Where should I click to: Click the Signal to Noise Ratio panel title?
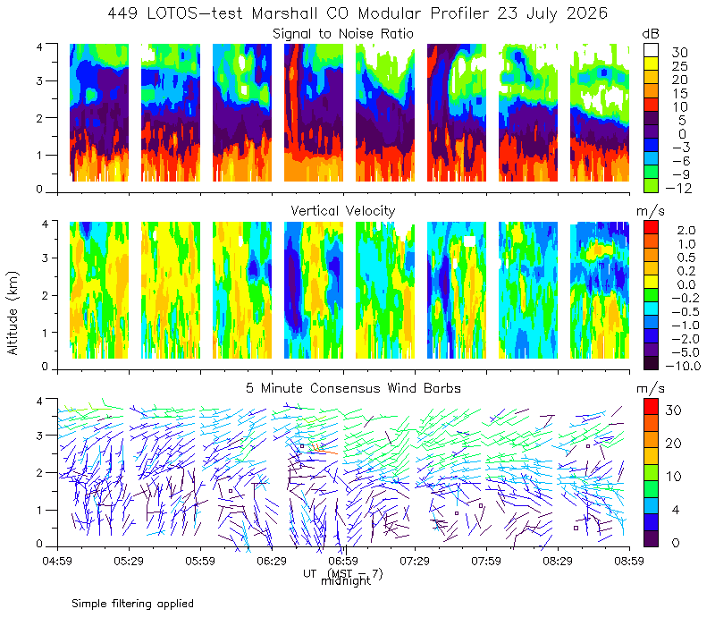pyautogui.click(x=343, y=34)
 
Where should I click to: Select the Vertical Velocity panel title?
pyautogui.click(x=343, y=211)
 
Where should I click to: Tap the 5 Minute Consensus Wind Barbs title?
pyautogui.click(x=353, y=388)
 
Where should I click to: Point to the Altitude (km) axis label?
pyautogui.click(x=13, y=313)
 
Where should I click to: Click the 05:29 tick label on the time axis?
pyautogui.click(x=129, y=561)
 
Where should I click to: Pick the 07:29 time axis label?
pyautogui.click(x=415, y=561)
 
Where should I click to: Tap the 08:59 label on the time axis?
pyautogui.click(x=629, y=561)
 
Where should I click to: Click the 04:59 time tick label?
pyautogui.click(x=57, y=561)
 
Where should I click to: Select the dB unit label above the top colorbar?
pyautogui.click(x=651, y=34)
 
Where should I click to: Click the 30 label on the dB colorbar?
pyautogui.click(x=679, y=53)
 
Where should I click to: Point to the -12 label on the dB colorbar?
pyautogui.click(x=678, y=188)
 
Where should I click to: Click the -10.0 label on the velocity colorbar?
pyautogui.click(x=683, y=366)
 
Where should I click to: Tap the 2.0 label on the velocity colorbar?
pyautogui.click(x=686, y=231)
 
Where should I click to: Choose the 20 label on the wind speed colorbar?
pyautogui.click(x=674, y=443)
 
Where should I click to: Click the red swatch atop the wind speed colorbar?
pyautogui.click(x=651, y=407)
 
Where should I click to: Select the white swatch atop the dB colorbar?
pyautogui.click(x=651, y=50)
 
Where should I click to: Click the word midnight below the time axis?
pyautogui.click(x=346, y=580)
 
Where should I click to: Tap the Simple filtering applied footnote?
pyautogui.click(x=132, y=604)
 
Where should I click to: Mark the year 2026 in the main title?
pyautogui.click(x=587, y=13)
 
